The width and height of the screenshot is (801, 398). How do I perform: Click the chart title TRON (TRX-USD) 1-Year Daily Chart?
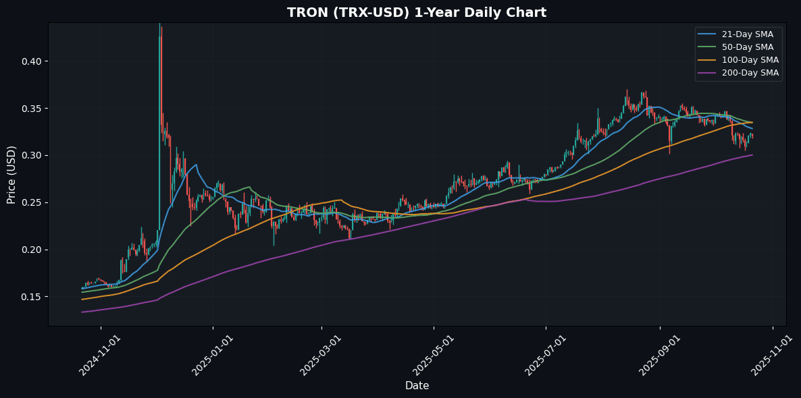point(417,13)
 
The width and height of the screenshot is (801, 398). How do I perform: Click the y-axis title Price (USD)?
point(11,174)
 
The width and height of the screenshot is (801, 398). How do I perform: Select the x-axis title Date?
point(417,386)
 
